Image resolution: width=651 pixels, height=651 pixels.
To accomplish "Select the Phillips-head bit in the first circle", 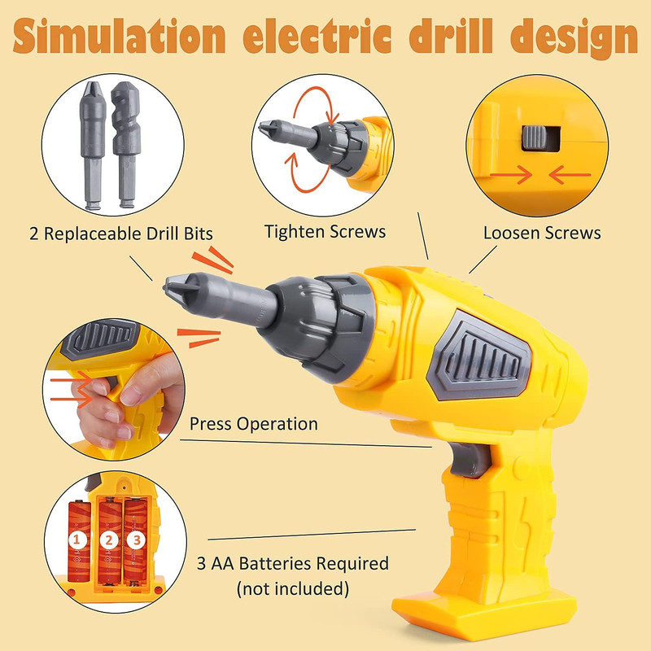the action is point(93,146).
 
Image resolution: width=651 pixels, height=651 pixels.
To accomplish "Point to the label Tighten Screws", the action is point(325,232).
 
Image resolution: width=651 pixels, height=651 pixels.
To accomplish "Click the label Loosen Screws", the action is point(542,233).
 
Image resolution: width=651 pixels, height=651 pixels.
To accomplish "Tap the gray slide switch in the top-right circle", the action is point(535,138).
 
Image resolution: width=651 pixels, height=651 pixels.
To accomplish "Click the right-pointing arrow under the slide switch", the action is point(511,175).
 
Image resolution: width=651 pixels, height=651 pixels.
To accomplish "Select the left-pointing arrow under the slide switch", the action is point(570,175).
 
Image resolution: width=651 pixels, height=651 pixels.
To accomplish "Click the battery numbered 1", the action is point(79,541).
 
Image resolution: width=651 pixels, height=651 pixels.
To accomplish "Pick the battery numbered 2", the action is point(110,540).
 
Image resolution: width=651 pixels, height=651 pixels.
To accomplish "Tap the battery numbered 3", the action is point(136,540).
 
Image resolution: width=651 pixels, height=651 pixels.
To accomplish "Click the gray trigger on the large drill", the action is point(470,460).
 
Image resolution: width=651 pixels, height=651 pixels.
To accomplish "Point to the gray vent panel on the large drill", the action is point(478,356).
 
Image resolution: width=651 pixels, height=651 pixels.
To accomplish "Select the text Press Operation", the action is point(254,424).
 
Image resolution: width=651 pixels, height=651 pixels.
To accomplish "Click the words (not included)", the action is point(293,588).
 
